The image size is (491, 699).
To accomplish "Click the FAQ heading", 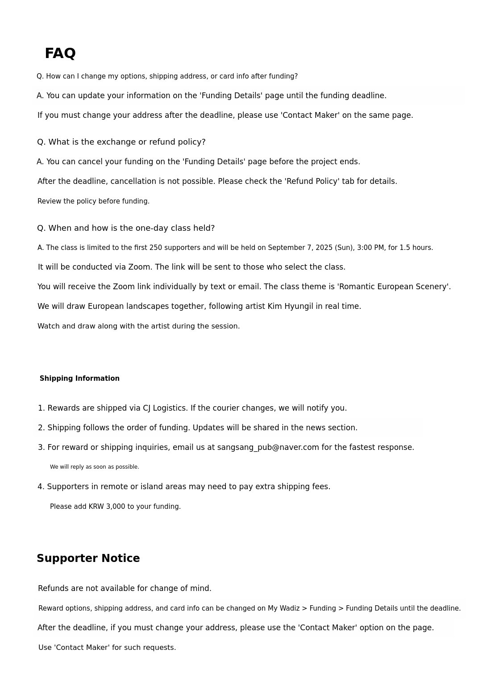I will click(x=60, y=53).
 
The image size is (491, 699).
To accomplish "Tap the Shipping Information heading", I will click(x=79, y=379).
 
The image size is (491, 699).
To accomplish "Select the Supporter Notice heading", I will click(x=88, y=558).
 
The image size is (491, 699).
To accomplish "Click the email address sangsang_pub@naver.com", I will click(x=268, y=447).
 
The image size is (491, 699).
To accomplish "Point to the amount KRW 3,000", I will click(x=107, y=507).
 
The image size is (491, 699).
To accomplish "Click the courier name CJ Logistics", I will click(x=165, y=408).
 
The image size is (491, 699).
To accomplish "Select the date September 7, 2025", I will click(x=302, y=248).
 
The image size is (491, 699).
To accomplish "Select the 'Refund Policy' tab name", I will click(x=312, y=181).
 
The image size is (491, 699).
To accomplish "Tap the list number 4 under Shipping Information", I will click(x=41, y=487).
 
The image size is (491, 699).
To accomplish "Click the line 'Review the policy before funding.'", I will click(x=93, y=201).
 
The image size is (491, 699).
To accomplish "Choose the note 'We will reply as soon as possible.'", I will click(x=95, y=467).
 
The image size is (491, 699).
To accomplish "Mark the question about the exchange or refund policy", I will click(x=121, y=142).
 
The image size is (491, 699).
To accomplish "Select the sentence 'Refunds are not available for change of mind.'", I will click(x=125, y=588).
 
